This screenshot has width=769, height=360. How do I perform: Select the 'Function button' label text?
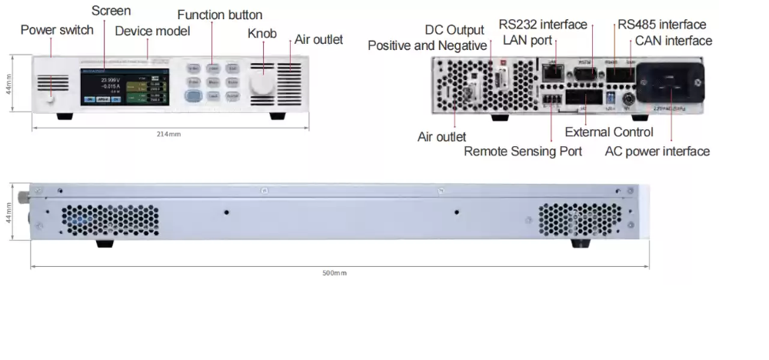tap(219, 15)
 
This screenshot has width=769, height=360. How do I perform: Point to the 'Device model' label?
tap(152, 32)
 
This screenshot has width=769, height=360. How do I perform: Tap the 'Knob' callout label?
tap(261, 34)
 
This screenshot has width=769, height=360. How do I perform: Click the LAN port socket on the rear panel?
tap(551, 74)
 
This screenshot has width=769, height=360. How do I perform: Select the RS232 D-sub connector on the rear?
tap(584, 75)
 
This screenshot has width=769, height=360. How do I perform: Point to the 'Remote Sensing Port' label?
tap(523, 152)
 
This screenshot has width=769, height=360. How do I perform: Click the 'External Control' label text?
tap(609, 132)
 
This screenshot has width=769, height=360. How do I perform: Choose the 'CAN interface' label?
tap(674, 41)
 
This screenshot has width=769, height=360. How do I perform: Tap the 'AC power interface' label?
tap(657, 152)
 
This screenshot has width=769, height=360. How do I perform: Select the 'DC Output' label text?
tap(454, 30)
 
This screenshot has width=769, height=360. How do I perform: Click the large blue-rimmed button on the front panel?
tap(193, 96)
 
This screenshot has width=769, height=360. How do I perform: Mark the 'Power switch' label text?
tap(57, 30)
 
